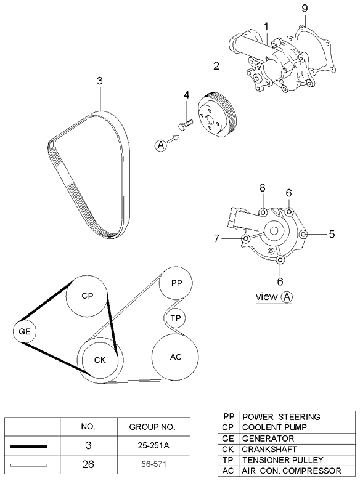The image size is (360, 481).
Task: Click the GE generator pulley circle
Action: pyautogui.click(x=25, y=332)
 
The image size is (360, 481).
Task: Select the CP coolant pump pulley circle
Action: pyautogui.click(x=87, y=296)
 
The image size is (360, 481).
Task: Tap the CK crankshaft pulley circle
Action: pyautogui.click(x=100, y=360)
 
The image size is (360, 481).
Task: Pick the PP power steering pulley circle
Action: pyautogui.click(x=176, y=284)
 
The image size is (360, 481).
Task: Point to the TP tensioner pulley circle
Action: pyautogui.click(x=176, y=318)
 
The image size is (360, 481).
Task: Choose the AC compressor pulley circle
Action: pyautogui.click(x=176, y=357)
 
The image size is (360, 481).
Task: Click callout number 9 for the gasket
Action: pyautogui.click(x=303, y=9)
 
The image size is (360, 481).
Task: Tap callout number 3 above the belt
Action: pyautogui.click(x=100, y=80)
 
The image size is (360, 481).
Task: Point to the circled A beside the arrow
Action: pyautogui.click(x=161, y=145)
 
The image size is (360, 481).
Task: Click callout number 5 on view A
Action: pyautogui.click(x=331, y=234)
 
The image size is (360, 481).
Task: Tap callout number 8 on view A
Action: pyautogui.click(x=261, y=188)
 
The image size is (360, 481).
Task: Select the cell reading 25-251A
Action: pyautogui.click(x=152, y=445)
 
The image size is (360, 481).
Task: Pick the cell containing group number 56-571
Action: pyautogui.click(x=152, y=464)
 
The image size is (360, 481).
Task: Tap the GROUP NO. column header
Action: pyautogui.click(x=152, y=426)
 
